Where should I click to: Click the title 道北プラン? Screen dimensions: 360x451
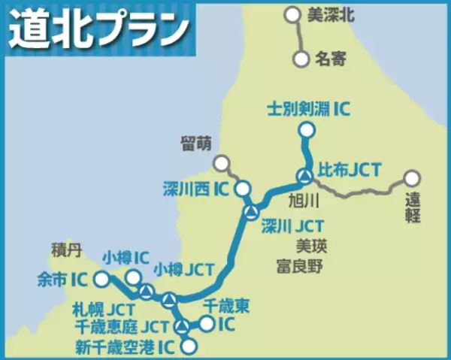98,28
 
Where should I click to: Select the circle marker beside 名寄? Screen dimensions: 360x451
302,57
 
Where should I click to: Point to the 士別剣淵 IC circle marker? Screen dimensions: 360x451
305,131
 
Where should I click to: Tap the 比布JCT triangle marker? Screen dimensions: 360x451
304,177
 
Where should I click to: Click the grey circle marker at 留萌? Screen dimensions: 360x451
221,162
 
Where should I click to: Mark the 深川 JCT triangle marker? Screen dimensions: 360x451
251,212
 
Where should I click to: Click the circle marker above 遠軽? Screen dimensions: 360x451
411,179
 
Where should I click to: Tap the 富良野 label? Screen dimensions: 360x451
299,265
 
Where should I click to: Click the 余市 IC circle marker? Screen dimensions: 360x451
102,280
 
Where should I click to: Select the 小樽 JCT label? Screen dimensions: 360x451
183,268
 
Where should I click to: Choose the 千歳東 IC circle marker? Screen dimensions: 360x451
205,323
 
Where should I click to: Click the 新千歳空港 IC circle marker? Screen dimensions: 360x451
190,346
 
